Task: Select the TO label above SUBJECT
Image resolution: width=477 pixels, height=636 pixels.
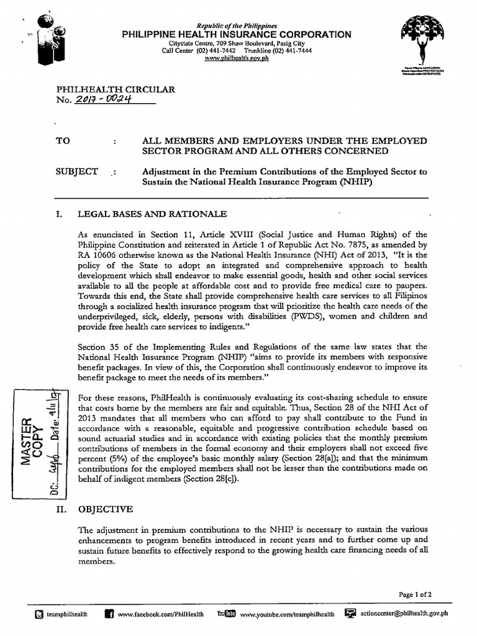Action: (x=63, y=141)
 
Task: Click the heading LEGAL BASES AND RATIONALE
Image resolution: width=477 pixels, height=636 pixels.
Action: (x=152, y=214)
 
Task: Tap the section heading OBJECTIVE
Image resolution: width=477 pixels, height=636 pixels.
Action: (x=105, y=509)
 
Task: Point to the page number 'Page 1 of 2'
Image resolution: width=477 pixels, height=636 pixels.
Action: (x=416, y=594)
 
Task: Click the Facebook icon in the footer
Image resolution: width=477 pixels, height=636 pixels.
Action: (x=109, y=614)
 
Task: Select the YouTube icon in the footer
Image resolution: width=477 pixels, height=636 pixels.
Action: (x=225, y=614)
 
